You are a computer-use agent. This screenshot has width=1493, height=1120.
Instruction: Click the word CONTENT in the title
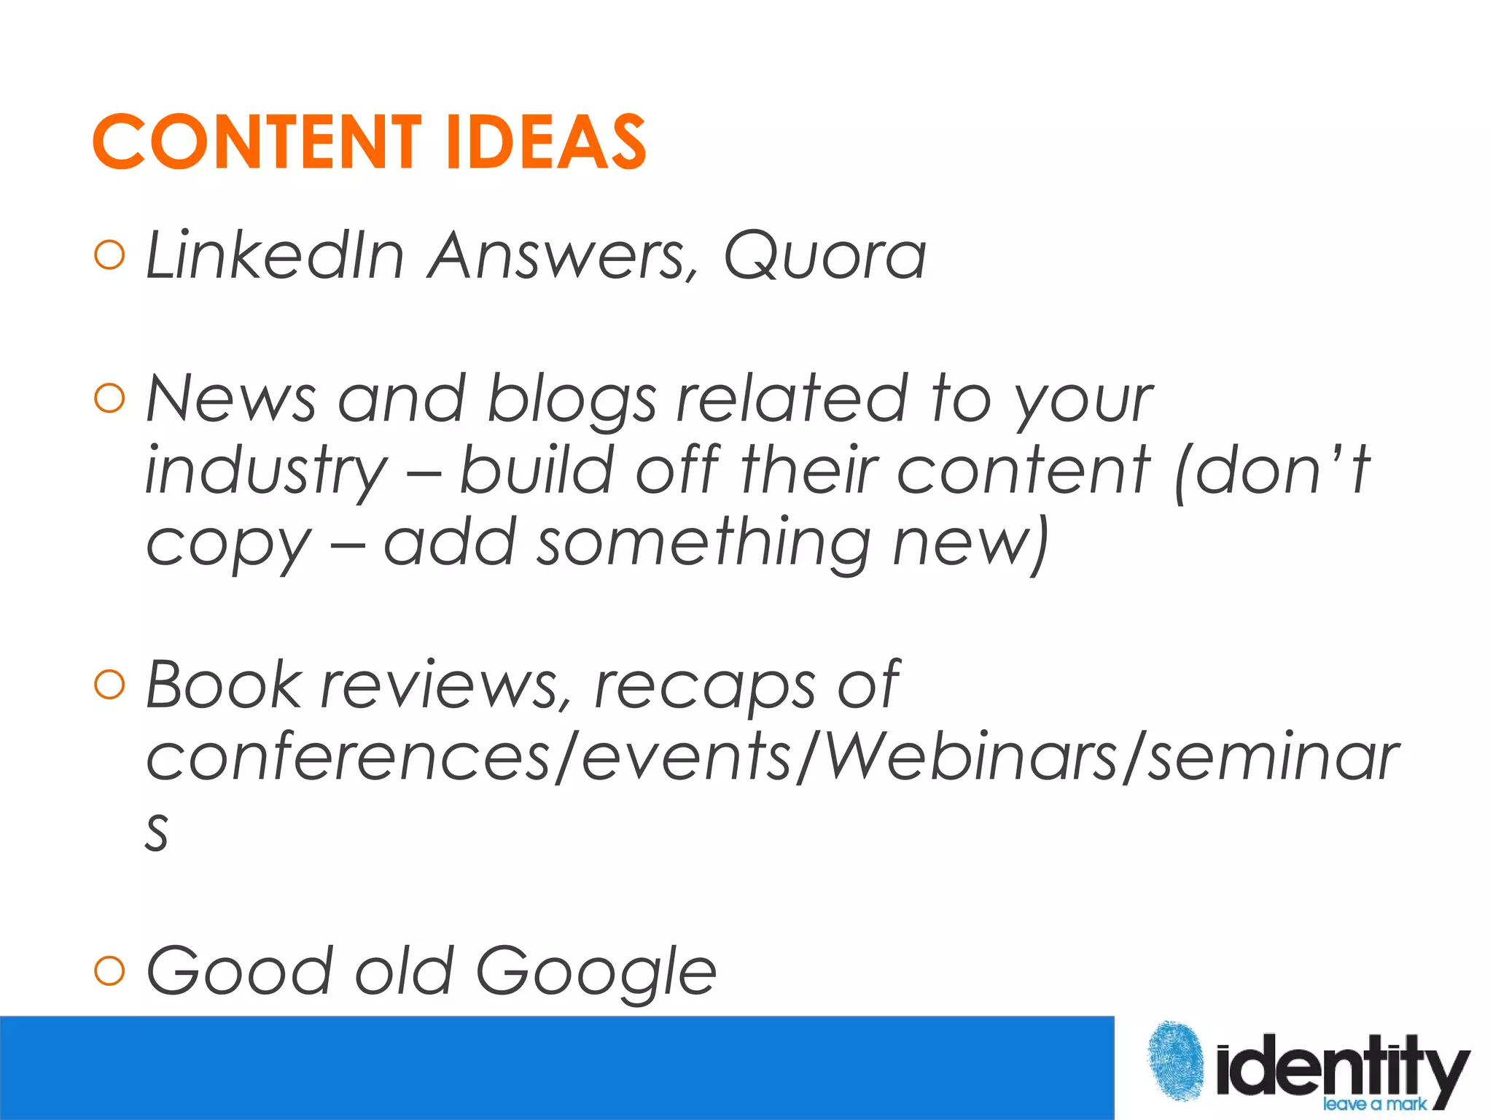click(257, 142)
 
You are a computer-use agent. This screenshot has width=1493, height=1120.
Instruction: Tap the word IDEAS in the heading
click(545, 142)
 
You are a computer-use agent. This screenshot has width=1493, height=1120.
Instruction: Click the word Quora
click(825, 257)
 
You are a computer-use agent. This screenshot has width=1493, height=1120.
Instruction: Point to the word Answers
click(563, 257)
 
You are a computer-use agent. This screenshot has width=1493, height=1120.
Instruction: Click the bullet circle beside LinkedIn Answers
click(110, 255)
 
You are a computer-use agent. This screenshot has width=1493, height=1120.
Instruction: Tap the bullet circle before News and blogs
click(110, 398)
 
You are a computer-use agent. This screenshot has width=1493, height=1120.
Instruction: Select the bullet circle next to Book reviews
click(110, 685)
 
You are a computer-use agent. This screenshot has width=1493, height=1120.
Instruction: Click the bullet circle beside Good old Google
click(110, 971)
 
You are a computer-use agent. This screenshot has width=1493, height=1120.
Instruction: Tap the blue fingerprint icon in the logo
click(1175, 1061)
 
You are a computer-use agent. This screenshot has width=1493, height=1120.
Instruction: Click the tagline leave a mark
click(1374, 1104)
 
